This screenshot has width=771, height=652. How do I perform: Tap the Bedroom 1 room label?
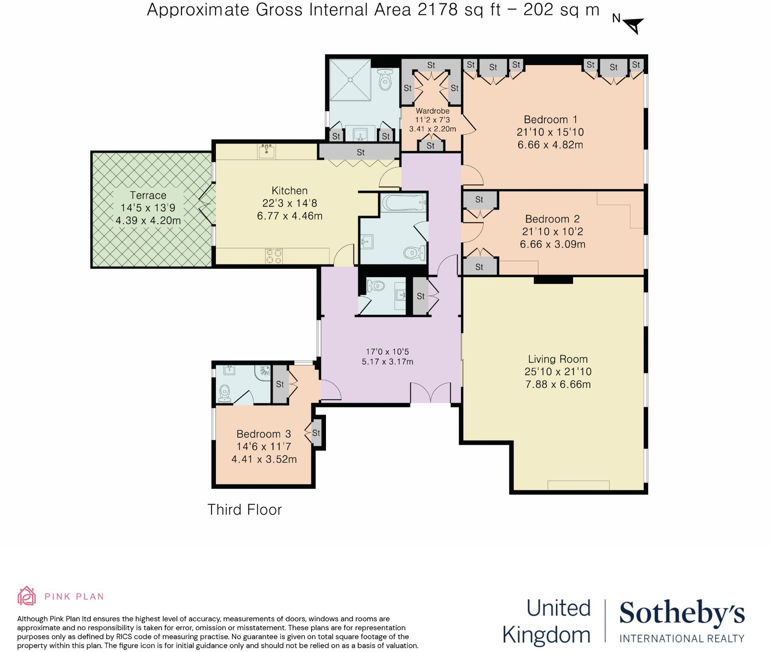pos(550,119)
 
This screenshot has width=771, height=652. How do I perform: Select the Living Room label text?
pos(557,359)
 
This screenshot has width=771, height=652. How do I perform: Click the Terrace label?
pos(148,196)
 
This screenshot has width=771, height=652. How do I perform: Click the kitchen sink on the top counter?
pos(266,151)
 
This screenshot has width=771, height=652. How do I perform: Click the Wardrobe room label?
pos(432,111)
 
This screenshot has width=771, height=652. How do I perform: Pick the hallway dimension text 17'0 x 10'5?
pos(387,352)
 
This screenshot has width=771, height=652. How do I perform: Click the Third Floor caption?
pos(245,510)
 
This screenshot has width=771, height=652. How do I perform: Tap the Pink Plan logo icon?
pos(26,596)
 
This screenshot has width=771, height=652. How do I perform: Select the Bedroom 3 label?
pos(263,434)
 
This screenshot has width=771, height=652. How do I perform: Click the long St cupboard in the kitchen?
pos(360,152)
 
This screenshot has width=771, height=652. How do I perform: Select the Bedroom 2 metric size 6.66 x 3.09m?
pos(552,244)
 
